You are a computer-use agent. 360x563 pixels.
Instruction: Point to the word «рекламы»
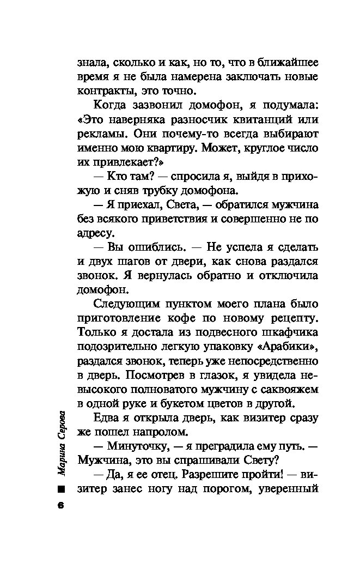click(100, 134)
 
